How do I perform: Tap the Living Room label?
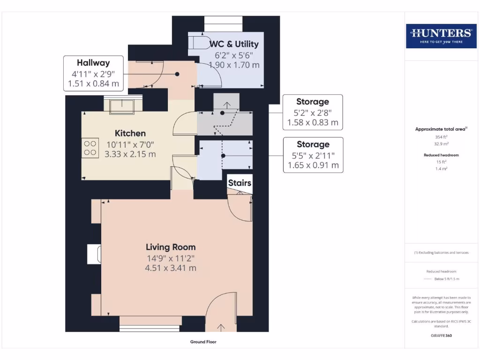click(171, 247)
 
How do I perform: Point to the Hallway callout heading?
click(93, 63)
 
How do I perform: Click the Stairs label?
click(240, 183)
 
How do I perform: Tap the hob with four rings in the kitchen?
click(91, 148)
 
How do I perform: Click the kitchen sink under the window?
click(122, 106)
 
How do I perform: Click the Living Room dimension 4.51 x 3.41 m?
click(171, 268)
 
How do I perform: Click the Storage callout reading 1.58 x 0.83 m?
click(312, 123)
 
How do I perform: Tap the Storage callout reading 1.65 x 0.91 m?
click(312, 165)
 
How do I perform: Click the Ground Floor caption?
click(203, 342)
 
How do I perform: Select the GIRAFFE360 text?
click(441, 336)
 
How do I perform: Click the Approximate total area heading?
click(441, 129)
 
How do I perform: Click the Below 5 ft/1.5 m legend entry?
click(446, 279)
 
